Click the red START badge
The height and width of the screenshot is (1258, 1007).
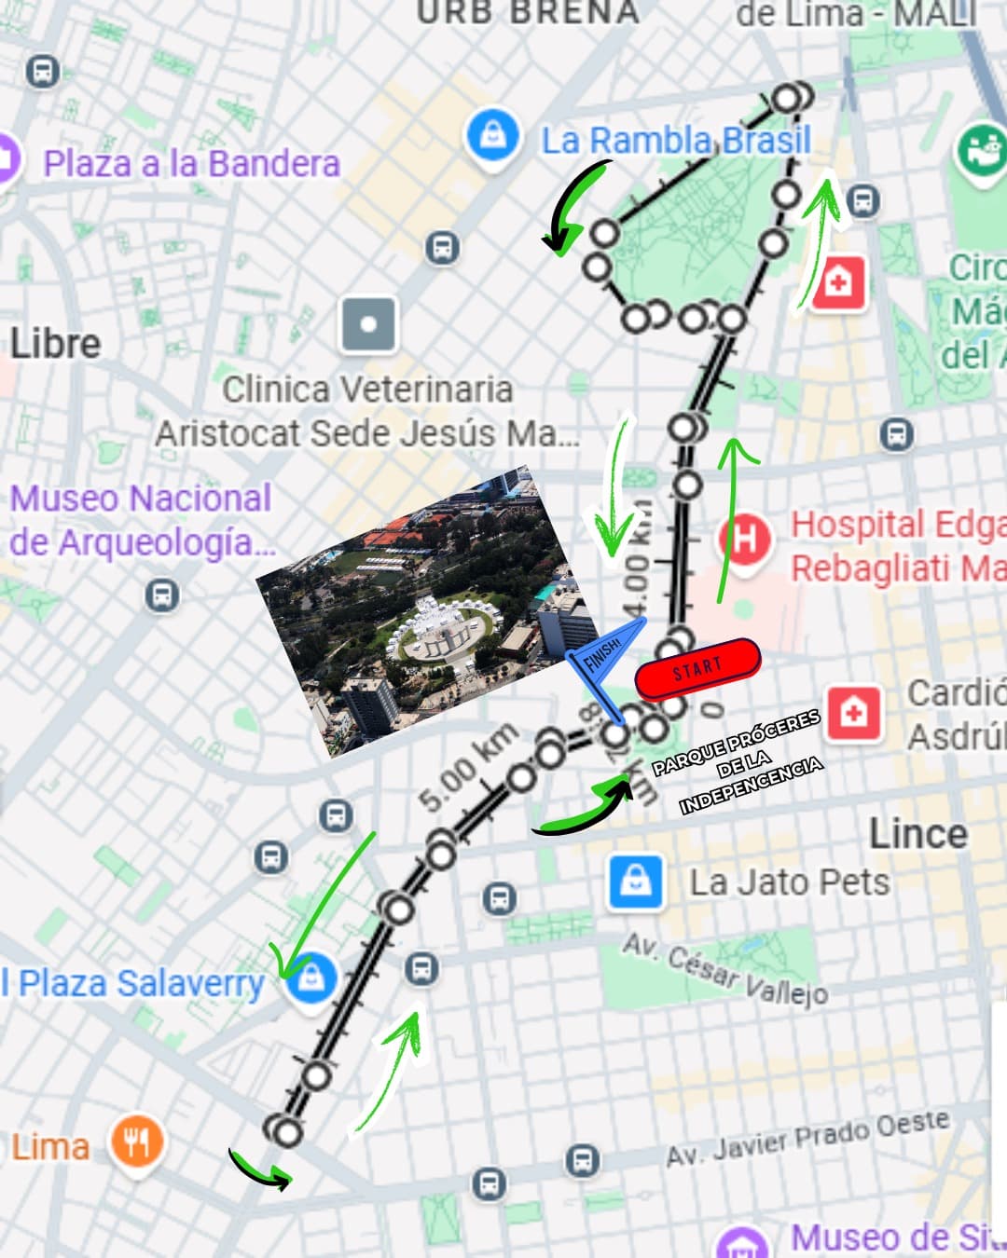(697, 667)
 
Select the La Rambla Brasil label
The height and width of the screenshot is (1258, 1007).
(676, 141)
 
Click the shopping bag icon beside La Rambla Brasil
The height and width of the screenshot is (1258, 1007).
(492, 136)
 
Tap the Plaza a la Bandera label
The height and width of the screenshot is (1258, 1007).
(191, 164)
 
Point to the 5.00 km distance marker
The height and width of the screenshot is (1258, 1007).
(467, 766)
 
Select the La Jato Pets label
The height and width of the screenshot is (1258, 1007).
(789, 882)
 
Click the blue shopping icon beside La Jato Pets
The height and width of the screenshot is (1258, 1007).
(636, 881)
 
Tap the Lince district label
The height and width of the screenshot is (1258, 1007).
(917, 833)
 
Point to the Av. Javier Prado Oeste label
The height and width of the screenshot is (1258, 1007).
(807, 1138)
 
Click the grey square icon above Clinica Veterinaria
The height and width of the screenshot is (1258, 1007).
(368, 325)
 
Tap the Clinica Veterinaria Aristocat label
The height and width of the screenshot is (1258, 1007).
(366, 411)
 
